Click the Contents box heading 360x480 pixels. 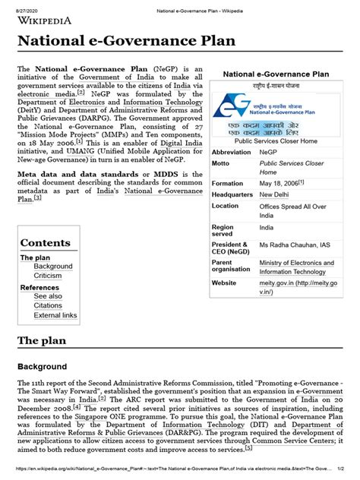click(x=46, y=243)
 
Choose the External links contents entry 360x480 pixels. click(x=55, y=315)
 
